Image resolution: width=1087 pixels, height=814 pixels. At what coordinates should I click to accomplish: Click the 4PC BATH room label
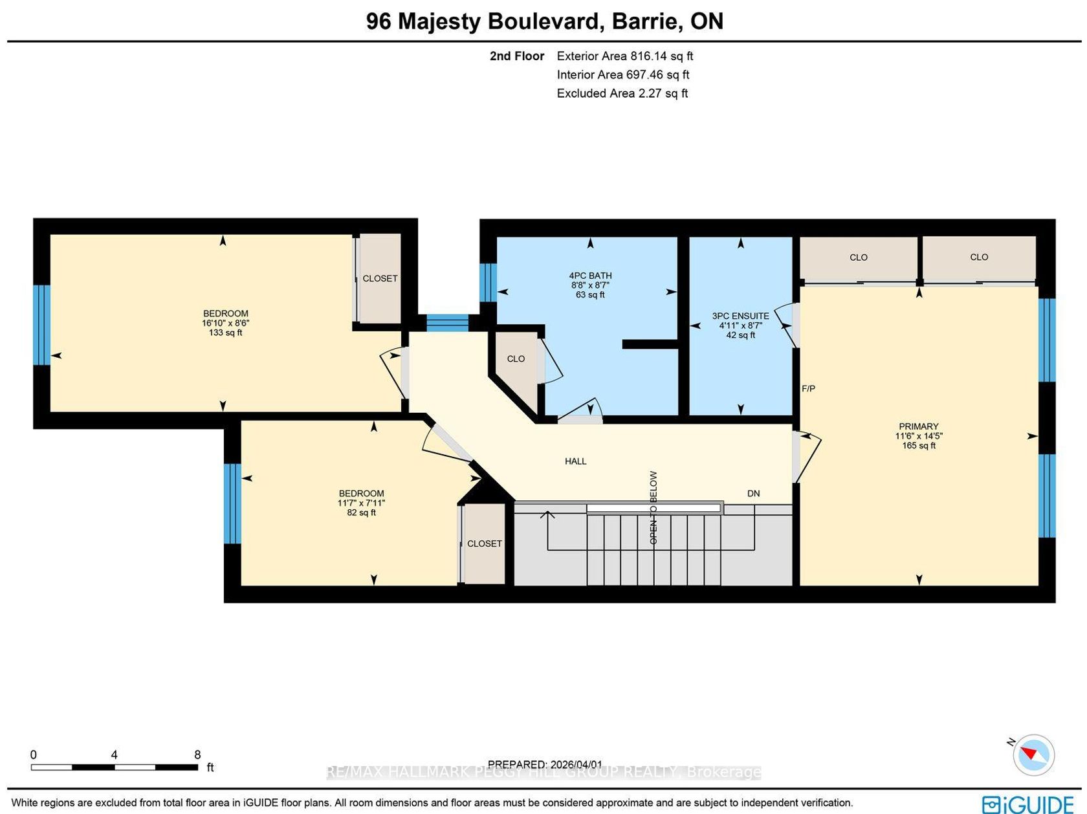(590, 276)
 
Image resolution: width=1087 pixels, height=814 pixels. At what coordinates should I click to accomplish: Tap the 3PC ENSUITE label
(740, 316)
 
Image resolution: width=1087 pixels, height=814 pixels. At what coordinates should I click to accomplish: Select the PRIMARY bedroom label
(919, 426)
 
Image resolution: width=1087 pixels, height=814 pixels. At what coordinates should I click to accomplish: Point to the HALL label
(575, 461)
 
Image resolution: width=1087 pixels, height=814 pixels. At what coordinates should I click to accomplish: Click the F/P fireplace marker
(808, 389)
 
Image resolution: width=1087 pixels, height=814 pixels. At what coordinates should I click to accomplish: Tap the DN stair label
(753, 493)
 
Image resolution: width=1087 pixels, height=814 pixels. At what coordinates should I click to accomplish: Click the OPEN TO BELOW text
(653, 507)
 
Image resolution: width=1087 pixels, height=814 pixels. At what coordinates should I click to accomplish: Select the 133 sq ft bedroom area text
(225, 332)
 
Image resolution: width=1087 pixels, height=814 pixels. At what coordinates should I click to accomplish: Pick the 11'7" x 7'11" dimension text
(361, 503)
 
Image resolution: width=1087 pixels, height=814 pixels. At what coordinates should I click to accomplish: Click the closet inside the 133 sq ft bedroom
(380, 278)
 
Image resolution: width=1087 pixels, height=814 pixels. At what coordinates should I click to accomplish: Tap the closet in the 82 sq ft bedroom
(485, 544)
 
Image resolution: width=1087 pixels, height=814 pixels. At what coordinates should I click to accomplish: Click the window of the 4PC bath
(488, 282)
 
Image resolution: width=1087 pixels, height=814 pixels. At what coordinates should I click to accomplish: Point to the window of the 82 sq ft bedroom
(232, 503)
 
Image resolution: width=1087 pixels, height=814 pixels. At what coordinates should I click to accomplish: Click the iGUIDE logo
(1027, 804)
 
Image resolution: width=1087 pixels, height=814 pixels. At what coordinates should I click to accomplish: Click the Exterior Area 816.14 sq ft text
(625, 56)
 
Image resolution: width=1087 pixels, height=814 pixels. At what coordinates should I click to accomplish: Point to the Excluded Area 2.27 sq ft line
(622, 93)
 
